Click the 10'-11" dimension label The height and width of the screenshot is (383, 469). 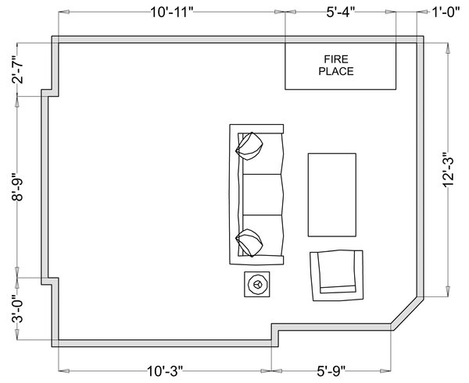coord(172,12)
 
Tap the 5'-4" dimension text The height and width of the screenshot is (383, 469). coord(340,12)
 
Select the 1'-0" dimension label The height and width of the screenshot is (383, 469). coord(446,12)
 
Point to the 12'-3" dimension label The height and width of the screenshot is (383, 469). coord(448,169)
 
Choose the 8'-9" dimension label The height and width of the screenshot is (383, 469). coord(18,187)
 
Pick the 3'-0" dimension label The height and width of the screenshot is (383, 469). coord(18,309)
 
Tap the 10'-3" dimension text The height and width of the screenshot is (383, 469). coord(165,371)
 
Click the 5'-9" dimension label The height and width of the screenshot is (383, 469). coord(331,371)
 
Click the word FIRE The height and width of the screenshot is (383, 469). coord(336,59)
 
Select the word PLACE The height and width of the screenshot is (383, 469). coord(336,71)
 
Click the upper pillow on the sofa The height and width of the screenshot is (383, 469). coord(249,146)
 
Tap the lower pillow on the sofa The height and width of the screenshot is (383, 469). coord(249,243)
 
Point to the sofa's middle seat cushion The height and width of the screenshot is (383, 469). coord(263,194)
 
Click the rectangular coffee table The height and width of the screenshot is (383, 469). coord(332,195)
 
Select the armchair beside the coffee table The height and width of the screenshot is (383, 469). coord(337,275)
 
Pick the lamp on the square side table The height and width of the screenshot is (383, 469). coord(257,284)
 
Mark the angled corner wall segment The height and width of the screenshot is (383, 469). coord(407,312)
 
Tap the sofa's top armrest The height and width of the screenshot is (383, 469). coord(256,129)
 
